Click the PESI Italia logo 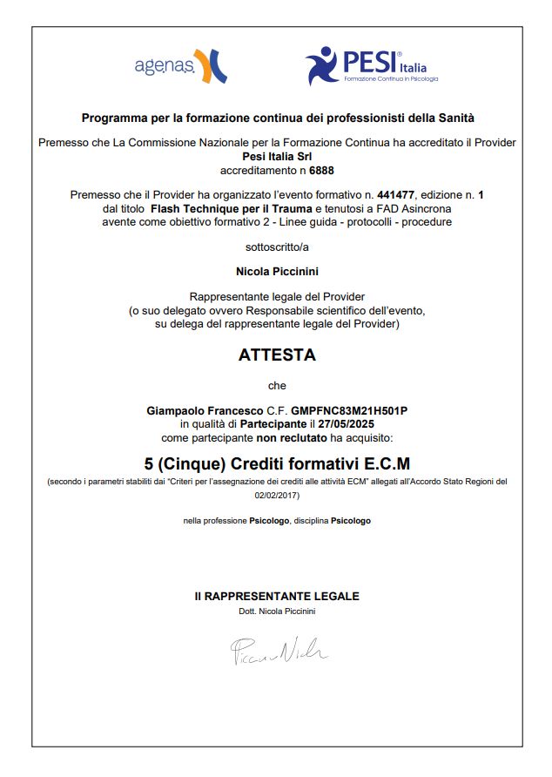[371, 65]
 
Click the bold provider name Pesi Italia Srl [277, 156]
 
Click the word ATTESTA [277, 355]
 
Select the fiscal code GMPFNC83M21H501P [349, 409]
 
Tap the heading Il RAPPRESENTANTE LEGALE [277, 597]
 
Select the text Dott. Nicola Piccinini [277, 611]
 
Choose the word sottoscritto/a [277, 247]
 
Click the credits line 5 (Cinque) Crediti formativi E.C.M [277, 463]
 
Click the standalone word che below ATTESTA [277, 384]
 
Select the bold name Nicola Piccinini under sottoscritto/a [277, 272]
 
